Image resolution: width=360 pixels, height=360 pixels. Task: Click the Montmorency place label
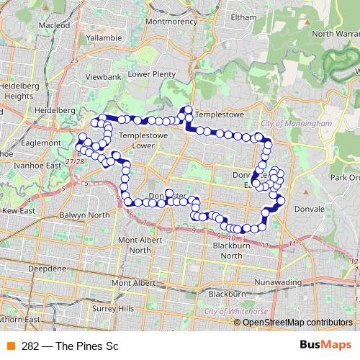click(x=171, y=21)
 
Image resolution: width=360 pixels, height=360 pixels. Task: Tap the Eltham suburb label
click(x=244, y=16)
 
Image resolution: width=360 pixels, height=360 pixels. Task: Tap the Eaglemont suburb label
click(x=40, y=143)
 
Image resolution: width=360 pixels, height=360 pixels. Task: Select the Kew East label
click(x=18, y=210)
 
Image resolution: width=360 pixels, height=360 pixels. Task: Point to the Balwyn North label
click(x=84, y=215)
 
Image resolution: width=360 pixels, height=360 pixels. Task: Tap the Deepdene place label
click(x=48, y=268)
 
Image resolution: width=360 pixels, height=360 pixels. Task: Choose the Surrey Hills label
click(x=108, y=307)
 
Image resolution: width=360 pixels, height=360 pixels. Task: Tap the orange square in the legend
click(x=10, y=346)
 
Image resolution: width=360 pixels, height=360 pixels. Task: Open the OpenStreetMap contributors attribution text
click(x=297, y=322)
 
